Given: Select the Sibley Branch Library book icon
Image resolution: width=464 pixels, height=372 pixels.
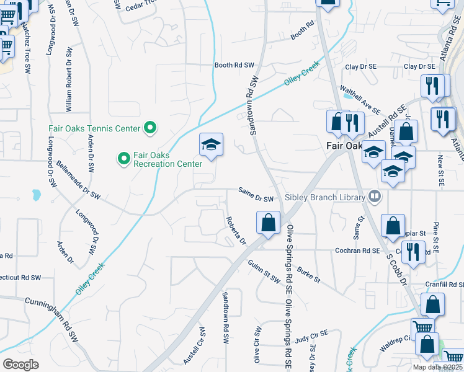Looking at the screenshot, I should pos(375,197).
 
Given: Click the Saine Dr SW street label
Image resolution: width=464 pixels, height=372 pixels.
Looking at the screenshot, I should pos(257,196).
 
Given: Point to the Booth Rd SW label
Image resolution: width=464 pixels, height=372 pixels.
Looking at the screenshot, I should pos(234,65).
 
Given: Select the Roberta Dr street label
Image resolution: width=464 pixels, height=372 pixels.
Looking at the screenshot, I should pos(236,230).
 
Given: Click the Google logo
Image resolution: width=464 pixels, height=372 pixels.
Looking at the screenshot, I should pos(20,365).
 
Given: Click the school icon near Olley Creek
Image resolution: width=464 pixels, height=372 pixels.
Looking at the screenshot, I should pos(211,145).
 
